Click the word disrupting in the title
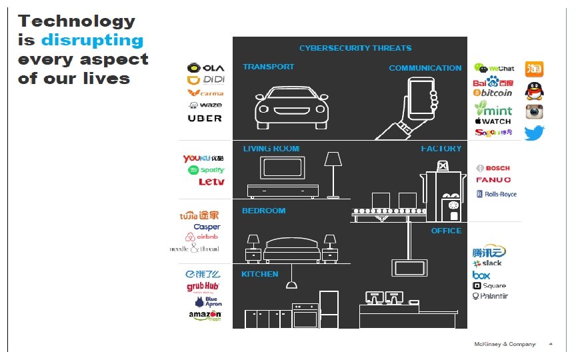click(92, 40)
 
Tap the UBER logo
click(205, 119)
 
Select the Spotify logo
click(207, 170)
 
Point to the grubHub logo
click(203, 287)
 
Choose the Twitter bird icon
click(535, 133)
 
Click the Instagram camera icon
click(535, 111)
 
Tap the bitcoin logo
click(493, 93)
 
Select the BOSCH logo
click(493, 168)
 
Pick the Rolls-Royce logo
click(497, 194)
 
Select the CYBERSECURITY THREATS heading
click(355, 48)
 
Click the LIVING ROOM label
click(271, 149)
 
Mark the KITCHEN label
click(260, 274)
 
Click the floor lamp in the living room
click(333, 173)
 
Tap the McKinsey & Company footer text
click(504, 344)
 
